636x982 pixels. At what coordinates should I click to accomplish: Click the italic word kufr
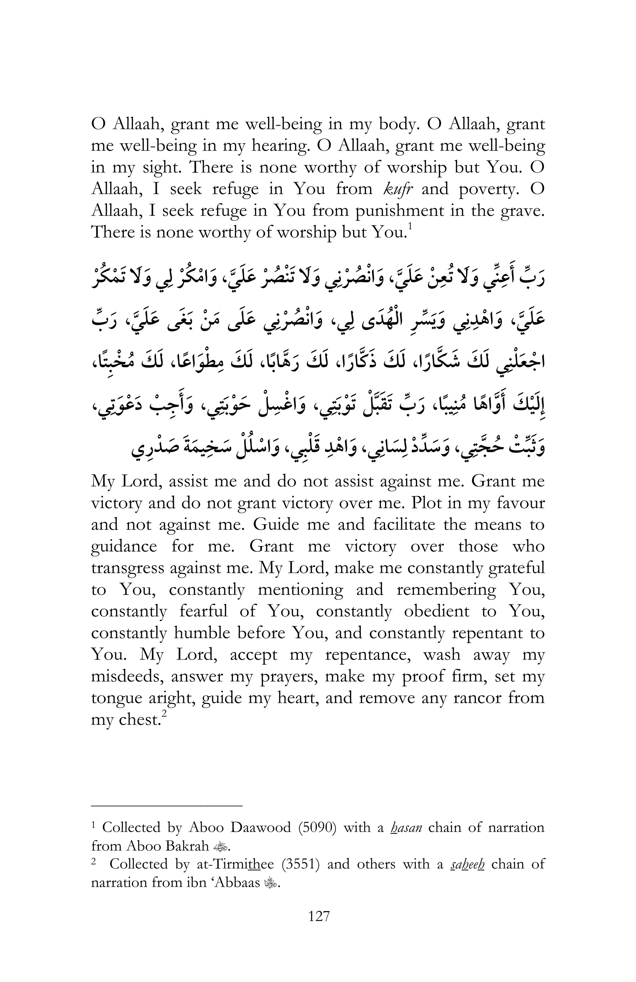(x=398, y=189)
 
